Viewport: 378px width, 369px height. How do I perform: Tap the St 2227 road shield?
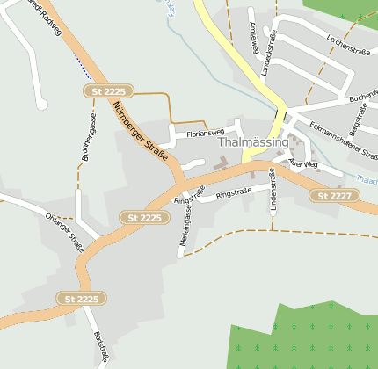click(x=334, y=195)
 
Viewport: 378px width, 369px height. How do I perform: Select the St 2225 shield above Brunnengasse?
click(x=109, y=91)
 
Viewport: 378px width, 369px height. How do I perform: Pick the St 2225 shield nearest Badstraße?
click(x=82, y=299)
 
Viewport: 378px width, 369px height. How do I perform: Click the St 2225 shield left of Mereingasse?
click(x=144, y=217)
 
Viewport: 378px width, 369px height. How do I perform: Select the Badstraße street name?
click(x=100, y=348)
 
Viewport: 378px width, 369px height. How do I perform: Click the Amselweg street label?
click(x=252, y=38)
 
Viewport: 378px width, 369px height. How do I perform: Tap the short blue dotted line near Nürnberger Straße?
click(x=82, y=63)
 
